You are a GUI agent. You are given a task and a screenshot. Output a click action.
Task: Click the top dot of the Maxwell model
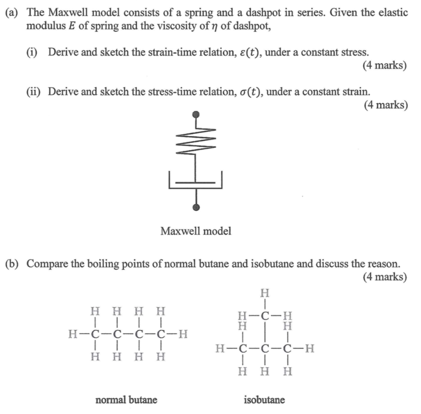coord(197,114)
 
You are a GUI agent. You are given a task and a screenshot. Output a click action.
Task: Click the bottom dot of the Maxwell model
coord(197,207)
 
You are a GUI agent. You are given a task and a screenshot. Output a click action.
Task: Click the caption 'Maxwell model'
coord(196,231)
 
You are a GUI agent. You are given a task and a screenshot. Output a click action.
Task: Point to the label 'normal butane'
coord(126,400)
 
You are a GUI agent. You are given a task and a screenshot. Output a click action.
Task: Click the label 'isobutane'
coord(264,400)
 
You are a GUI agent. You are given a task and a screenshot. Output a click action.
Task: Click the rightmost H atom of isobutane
coord(310,350)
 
